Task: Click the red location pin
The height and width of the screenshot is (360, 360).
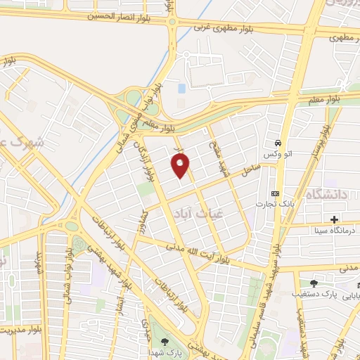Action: click(x=181, y=166)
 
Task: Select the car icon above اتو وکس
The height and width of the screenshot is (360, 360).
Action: click(x=279, y=141)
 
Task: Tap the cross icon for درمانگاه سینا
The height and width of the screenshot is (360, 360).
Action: click(x=334, y=218)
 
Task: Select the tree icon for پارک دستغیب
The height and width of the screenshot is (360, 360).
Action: click(x=314, y=283)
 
